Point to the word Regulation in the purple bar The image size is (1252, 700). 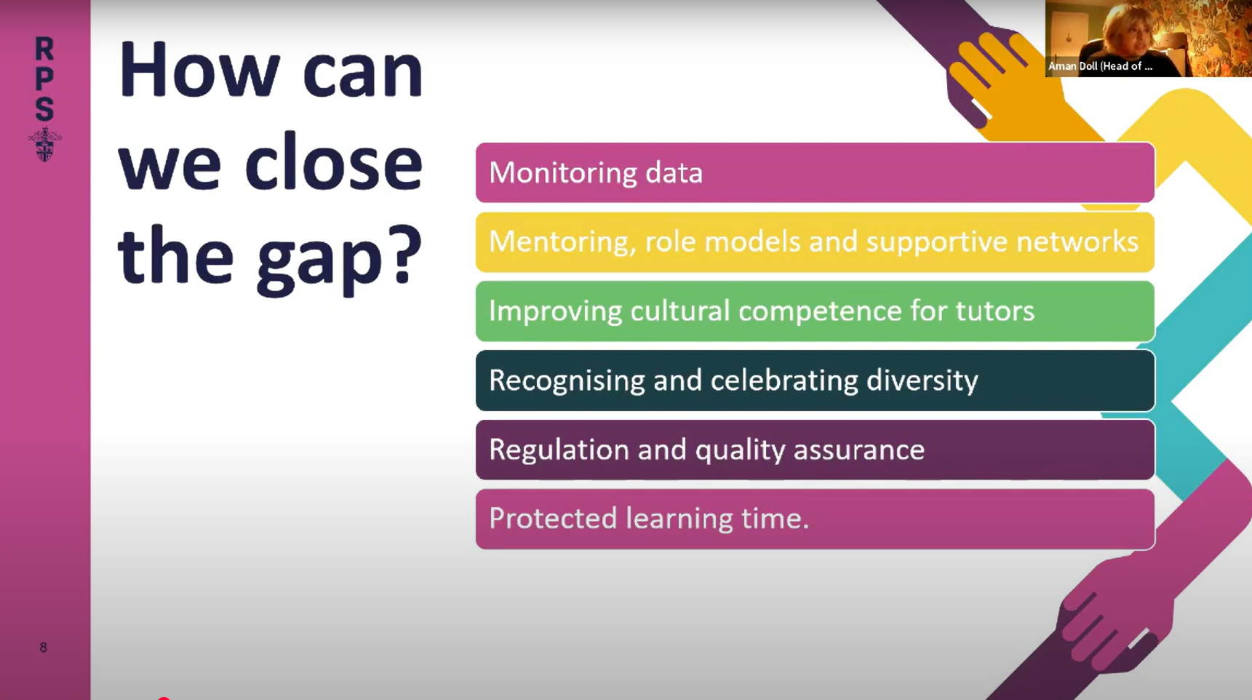point(559,450)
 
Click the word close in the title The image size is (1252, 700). point(332,164)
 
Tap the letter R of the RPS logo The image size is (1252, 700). point(44,49)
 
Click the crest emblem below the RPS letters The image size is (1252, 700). point(44,144)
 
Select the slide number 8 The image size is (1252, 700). point(43,647)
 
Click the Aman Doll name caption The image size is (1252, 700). point(1100,66)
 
